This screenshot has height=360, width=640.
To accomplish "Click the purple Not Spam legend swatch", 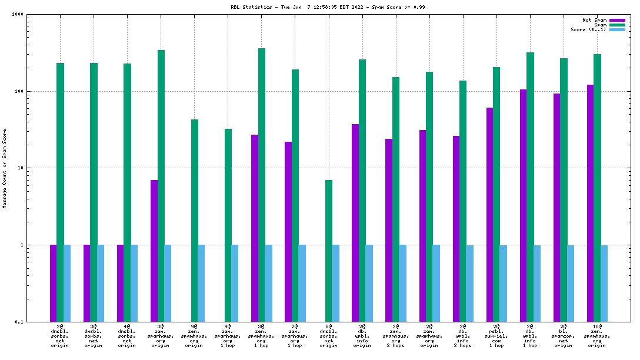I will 617,20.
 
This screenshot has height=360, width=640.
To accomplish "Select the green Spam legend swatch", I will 617,25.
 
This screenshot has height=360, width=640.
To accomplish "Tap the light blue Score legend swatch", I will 617,29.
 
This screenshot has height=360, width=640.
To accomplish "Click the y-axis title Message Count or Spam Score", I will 5,168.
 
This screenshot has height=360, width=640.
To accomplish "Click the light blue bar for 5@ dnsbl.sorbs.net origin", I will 336,283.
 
